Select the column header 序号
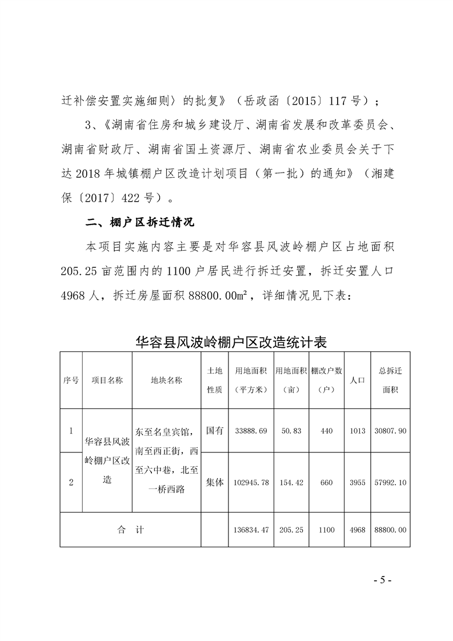tap(71, 380)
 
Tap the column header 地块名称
tap(166, 380)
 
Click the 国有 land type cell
tap(214, 430)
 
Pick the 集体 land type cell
tap(214, 482)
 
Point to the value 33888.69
tap(251, 431)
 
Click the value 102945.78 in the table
tap(251, 483)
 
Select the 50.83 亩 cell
tap(291, 431)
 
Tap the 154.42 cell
tap(291, 483)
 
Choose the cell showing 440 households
tap(326, 431)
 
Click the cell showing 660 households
tap(326, 483)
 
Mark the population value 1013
tap(357, 431)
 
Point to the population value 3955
tap(357, 483)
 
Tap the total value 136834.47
tap(251, 530)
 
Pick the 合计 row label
tap(131, 530)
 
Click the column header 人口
tap(357, 380)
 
